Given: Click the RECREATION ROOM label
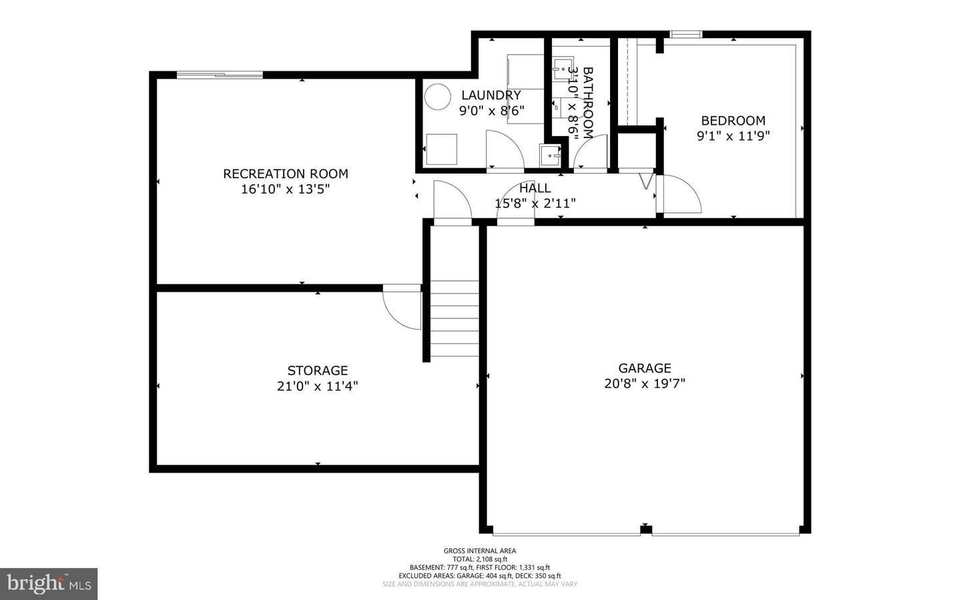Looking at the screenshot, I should click(286, 174).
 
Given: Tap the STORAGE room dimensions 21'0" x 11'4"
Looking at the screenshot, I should click(318, 386).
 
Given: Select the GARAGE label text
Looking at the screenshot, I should click(645, 368).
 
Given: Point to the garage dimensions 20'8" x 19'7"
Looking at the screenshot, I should click(645, 384).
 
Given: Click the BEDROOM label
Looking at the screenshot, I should click(733, 121).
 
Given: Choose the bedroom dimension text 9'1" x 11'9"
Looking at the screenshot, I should click(733, 136).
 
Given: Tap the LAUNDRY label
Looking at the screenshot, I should click(491, 95).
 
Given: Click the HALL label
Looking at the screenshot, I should click(535, 188).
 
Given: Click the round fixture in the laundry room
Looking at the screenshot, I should click(439, 97).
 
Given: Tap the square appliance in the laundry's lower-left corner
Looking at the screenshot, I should click(441, 149).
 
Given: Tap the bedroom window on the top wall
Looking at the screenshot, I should click(686, 34).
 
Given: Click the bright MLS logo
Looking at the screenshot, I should click(49, 584).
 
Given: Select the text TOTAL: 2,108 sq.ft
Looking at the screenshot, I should click(480, 559).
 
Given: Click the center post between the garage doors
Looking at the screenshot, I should click(645, 530).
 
